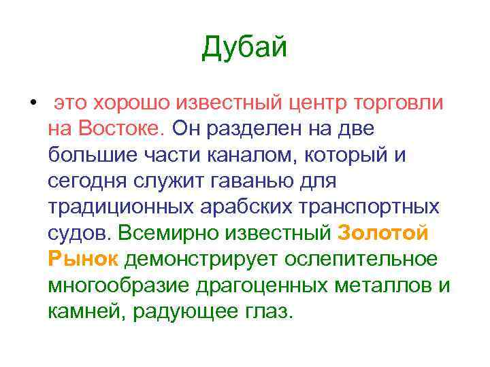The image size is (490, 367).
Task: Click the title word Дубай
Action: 245,48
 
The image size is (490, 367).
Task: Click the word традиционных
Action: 116,207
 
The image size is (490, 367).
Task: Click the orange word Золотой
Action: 384,233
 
